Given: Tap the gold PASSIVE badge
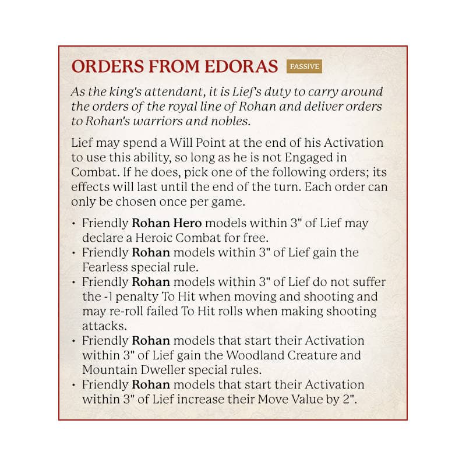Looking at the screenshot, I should pos(304,66).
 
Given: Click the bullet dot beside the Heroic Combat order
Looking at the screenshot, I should pos(73,224).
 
